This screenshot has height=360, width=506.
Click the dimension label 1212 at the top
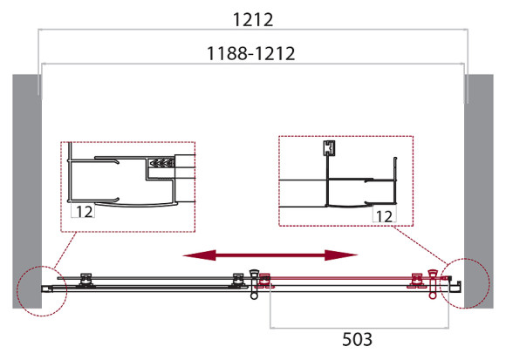[x=253, y=17]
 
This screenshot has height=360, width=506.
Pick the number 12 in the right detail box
[x=383, y=213]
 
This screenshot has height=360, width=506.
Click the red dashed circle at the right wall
[x=463, y=284]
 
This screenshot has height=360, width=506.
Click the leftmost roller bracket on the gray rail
[x=85, y=279]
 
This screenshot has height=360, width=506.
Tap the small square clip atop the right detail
[x=330, y=147]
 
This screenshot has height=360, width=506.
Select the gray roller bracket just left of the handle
[x=238, y=279]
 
